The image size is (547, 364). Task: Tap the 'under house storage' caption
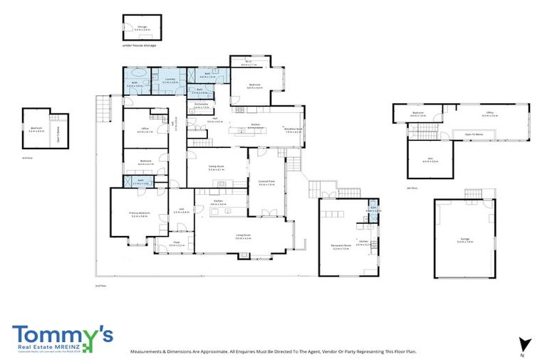(139, 45)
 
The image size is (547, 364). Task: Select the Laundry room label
(170, 81)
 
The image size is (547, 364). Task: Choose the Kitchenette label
(201, 106)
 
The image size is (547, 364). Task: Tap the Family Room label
(217, 168)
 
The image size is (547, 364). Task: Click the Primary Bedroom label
(140, 214)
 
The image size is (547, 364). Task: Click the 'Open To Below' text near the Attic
(474, 134)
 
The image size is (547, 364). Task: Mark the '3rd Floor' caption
(27, 157)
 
